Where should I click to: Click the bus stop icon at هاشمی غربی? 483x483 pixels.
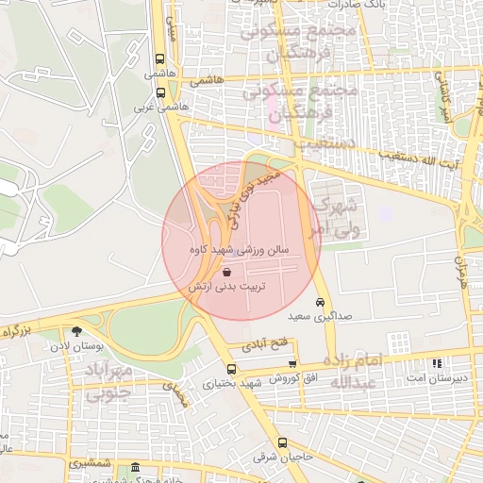tap(160, 93)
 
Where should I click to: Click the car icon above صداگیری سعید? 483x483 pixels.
tap(321, 302)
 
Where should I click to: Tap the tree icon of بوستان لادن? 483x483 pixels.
tap(74, 331)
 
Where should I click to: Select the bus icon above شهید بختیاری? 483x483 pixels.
tap(232, 369)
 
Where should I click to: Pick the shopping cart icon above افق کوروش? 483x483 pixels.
tap(292, 363)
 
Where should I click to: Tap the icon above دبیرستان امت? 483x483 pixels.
tap(435, 363)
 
